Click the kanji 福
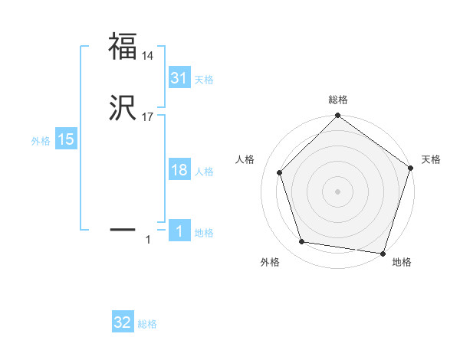point(123,46)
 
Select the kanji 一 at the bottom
point(123,228)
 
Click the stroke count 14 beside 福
point(148,56)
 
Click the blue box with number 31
point(179,78)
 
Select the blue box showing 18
point(179,170)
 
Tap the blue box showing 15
point(66,139)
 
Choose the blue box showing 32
point(123,322)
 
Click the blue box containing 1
point(179,231)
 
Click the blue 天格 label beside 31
point(204,80)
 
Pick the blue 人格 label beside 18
point(204,172)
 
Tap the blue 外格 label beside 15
point(41,141)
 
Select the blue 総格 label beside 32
point(147,324)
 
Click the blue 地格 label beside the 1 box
point(204,233)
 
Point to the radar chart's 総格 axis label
point(337,100)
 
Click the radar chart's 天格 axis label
point(431,159)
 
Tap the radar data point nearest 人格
point(280,172)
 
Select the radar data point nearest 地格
point(383,253)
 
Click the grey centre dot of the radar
point(337,191)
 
